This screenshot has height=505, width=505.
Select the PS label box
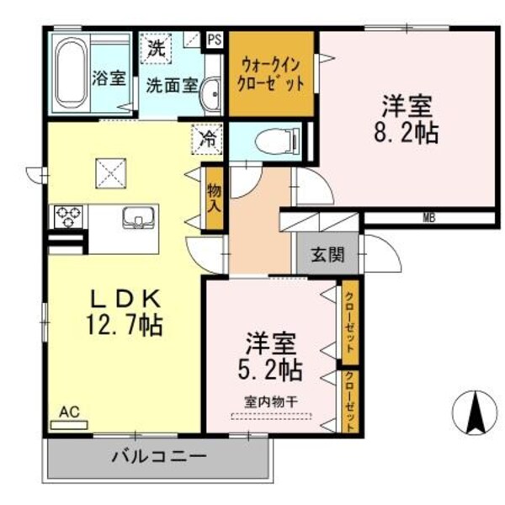coord(215,38)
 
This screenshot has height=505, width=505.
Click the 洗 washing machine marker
coord(156,48)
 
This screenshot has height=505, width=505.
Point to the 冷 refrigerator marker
coord(206,139)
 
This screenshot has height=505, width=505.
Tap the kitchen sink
coord(136,219)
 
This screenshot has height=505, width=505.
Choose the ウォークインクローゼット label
coord(272,73)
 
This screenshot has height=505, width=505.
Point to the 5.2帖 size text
coord(272,369)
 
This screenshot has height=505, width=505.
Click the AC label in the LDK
coord(69,412)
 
